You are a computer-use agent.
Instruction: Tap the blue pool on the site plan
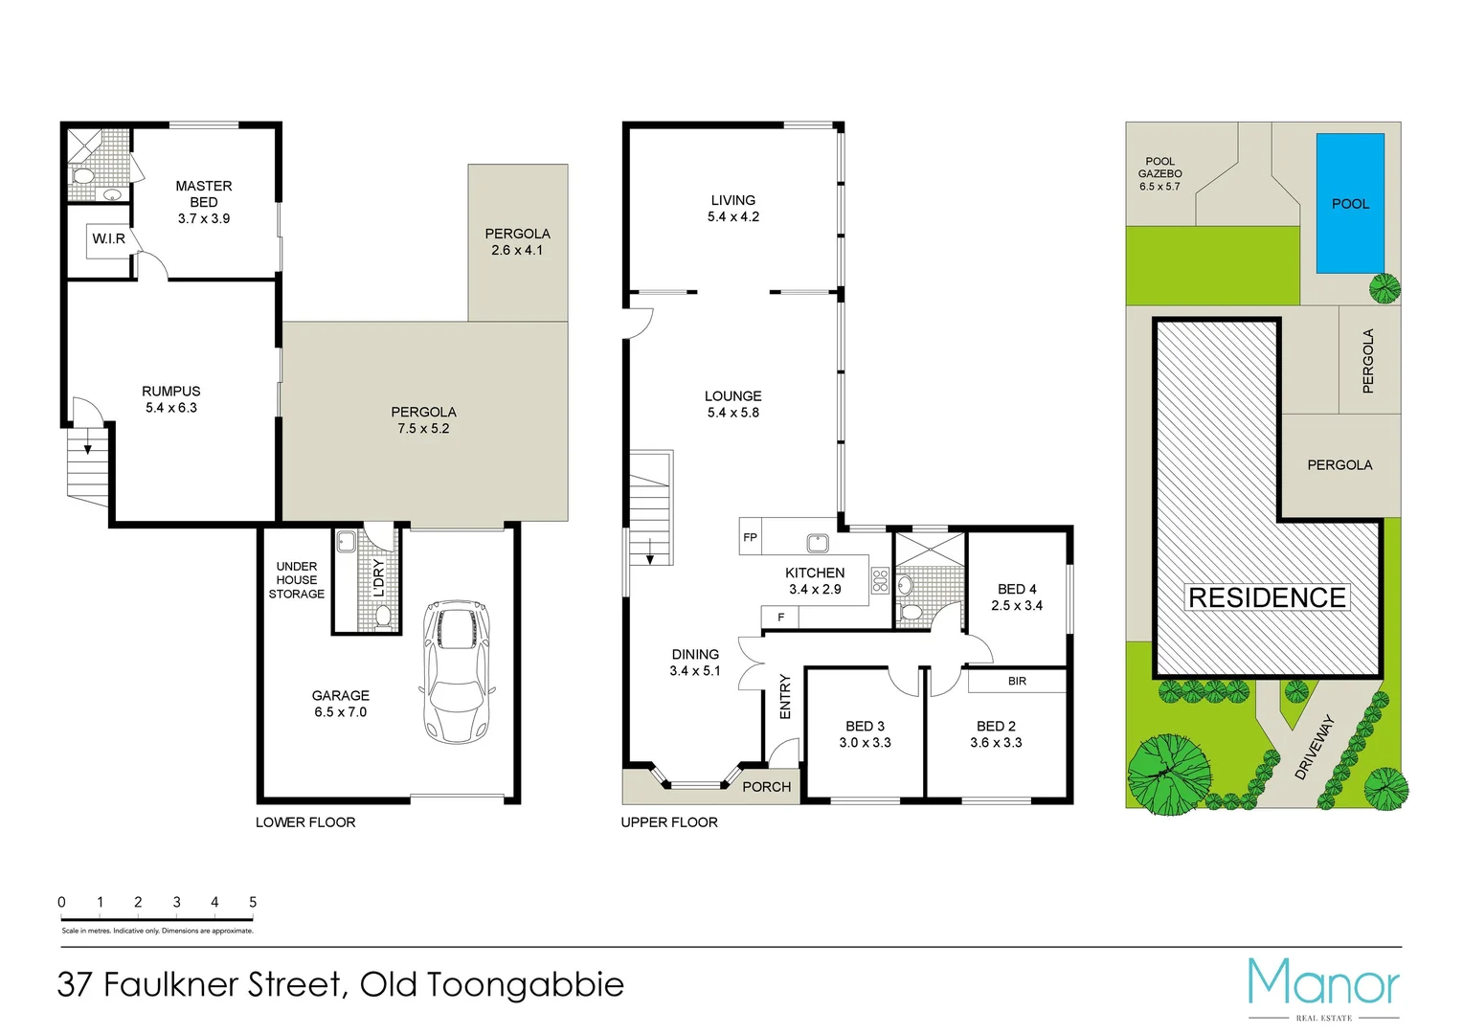click(x=1349, y=203)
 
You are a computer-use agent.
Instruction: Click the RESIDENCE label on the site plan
click(x=1267, y=597)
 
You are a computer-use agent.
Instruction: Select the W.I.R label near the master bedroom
click(x=108, y=238)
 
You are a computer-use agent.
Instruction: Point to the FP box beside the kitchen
click(x=750, y=537)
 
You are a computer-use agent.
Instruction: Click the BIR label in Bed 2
click(x=1017, y=681)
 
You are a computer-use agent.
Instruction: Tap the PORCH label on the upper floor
click(x=767, y=787)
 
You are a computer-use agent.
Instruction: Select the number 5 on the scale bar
click(x=253, y=902)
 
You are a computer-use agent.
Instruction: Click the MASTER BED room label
click(x=203, y=193)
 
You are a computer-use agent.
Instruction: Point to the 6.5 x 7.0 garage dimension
click(x=340, y=712)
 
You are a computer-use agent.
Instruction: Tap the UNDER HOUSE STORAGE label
click(x=296, y=580)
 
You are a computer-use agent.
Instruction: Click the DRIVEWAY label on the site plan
click(x=1314, y=748)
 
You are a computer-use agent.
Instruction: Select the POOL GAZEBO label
click(x=1159, y=168)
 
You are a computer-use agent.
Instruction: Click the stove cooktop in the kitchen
click(x=880, y=580)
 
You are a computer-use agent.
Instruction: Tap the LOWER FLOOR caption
click(x=305, y=822)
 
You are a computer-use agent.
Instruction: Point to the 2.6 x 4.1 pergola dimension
click(x=517, y=250)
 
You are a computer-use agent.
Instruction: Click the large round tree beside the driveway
click(x=1168, y=774)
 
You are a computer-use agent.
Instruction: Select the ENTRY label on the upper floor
click(x=785, y=696)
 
